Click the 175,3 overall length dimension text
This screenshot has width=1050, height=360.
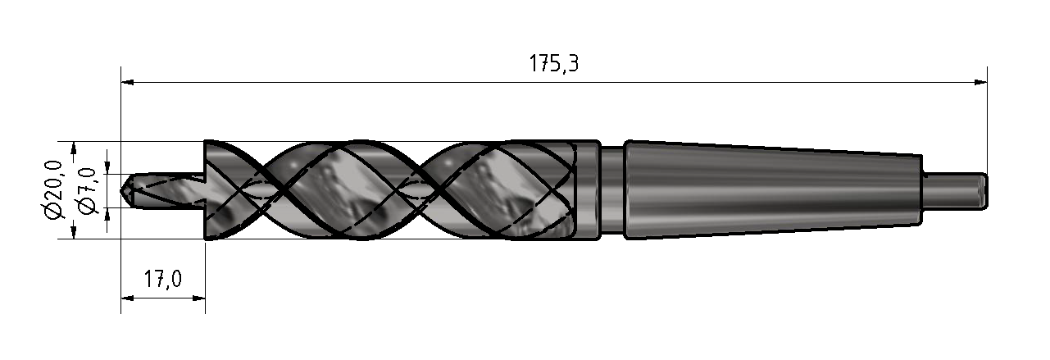pyautogui.click(x=553, y=63)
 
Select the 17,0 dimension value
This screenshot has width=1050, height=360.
pyautogui.click(x=162, y=279)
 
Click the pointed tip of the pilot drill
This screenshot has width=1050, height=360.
pyautogui.click(x=121, y=191)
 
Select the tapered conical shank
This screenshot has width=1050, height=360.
pyautogui.click(x=774, y=190)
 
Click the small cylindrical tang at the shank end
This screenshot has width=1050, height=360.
pyautogui.click(x=955, y=190)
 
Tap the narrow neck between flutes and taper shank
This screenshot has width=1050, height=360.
pyautogui.click(x=612, y=190)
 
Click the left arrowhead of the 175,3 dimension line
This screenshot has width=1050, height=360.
pyautogui.click(x=128, y=83)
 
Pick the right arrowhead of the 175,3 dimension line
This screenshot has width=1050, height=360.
pyautogui.click(x=980, y=83)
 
